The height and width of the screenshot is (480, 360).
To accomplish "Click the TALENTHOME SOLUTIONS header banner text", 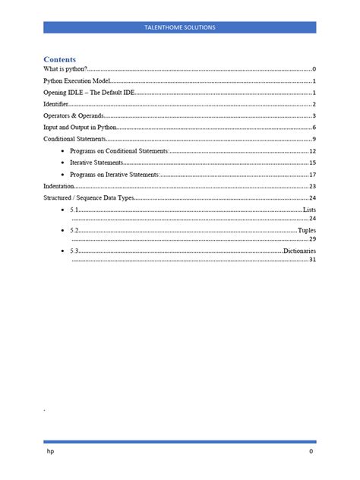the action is (180, 27).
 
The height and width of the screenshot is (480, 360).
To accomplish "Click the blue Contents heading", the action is (59, 58).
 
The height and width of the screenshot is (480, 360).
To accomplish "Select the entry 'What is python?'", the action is (65, 69).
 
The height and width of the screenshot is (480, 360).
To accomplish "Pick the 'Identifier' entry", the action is (55, 104).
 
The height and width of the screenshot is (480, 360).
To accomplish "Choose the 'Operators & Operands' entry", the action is (73, 116).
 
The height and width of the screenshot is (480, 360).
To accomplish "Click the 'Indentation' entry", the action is (58, 186).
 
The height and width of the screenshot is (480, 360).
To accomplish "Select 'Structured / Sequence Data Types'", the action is (88, 197).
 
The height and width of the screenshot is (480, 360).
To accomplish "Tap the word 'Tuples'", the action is (306, 229).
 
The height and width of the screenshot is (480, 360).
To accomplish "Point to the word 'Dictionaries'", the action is (299, 250).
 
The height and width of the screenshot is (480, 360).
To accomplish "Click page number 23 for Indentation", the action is (312, 186).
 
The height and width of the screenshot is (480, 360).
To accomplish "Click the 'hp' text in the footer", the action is (51, 451).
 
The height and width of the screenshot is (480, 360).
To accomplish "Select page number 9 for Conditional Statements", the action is (314, 140).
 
